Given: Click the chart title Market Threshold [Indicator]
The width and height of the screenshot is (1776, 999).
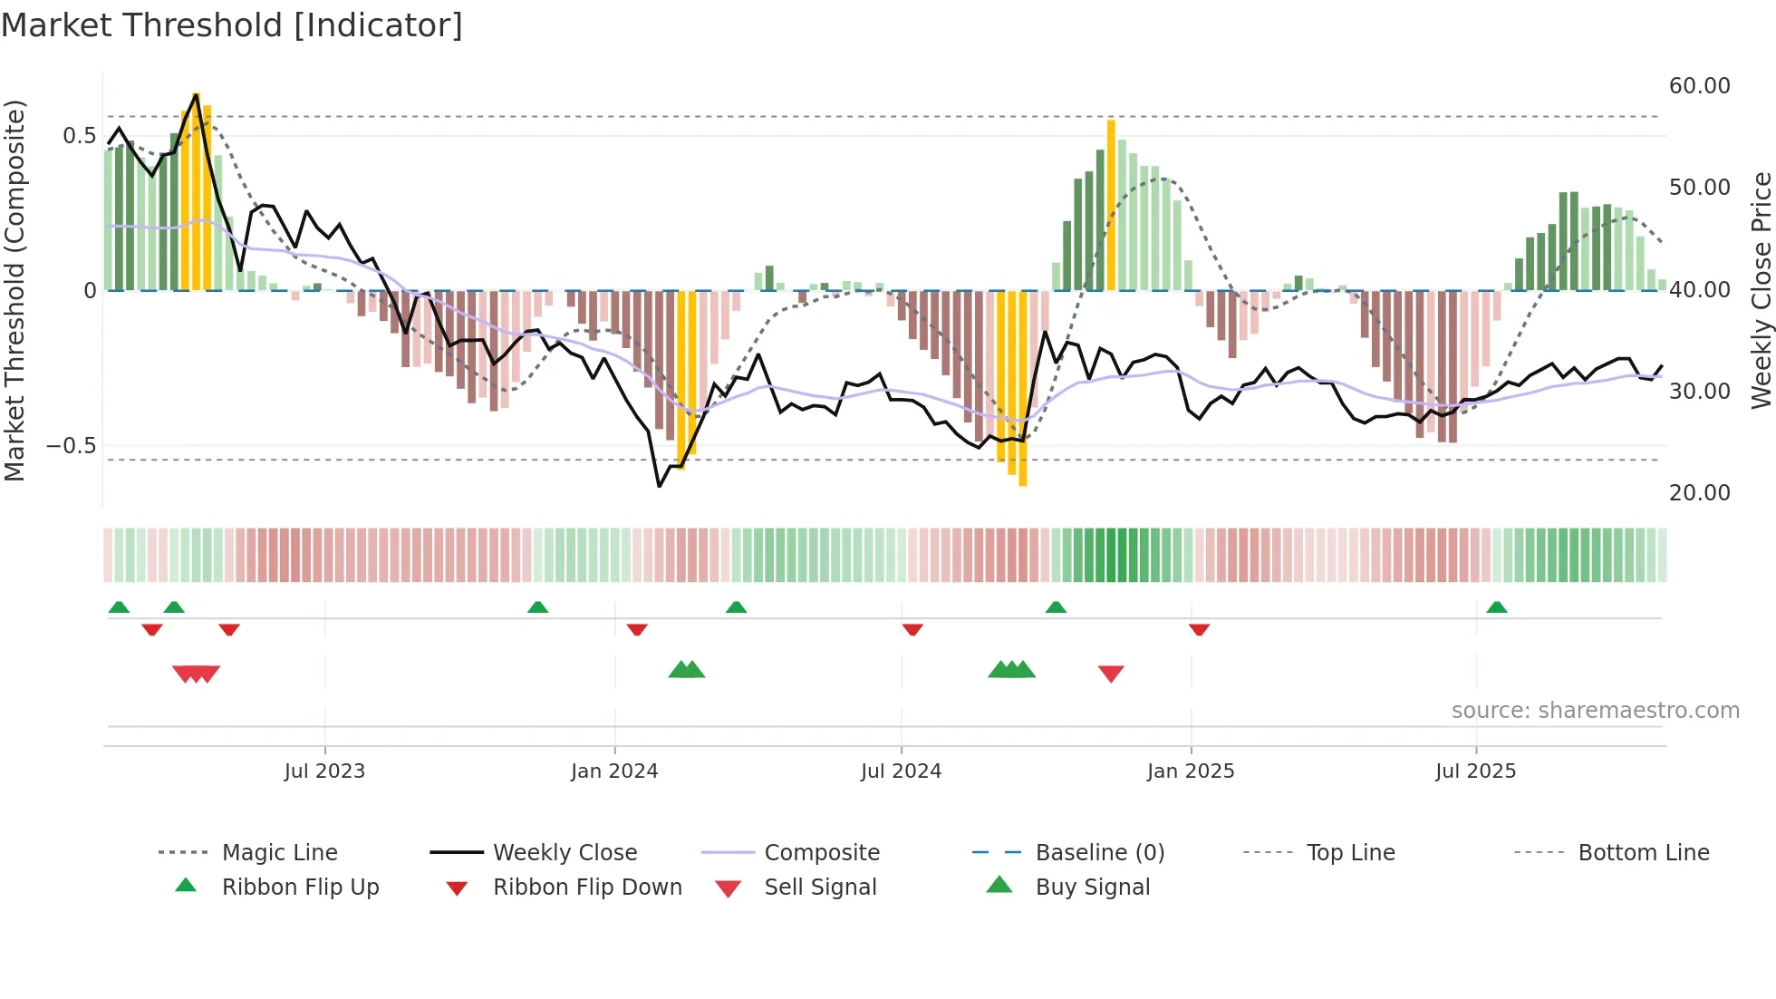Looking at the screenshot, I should [x=232, y=25].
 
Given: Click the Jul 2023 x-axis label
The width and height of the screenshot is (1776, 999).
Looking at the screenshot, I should [x=324, y=771].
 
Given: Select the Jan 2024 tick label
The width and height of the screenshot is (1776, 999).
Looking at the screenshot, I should [x=614, y=771].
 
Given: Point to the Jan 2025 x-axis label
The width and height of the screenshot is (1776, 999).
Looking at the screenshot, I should [x=1190, y=771].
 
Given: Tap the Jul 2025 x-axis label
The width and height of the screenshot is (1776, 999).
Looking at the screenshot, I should [x=1475, y=771].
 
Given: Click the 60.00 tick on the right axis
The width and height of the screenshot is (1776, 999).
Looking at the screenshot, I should [x=1699, y=86].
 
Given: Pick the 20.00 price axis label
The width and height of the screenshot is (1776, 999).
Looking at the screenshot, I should [x=1699, y=493].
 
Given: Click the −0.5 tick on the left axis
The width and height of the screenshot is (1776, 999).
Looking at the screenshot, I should [x=72, y=446].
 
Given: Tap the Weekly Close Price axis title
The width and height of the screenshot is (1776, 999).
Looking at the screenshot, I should [x=1761, y=290].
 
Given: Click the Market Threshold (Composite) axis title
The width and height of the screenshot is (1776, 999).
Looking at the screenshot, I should [x=14, y=290].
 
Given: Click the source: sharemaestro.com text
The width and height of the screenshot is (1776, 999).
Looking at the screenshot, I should [x=1595, y=711].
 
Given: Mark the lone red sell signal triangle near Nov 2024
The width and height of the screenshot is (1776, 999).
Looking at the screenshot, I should [x=1111, y=673].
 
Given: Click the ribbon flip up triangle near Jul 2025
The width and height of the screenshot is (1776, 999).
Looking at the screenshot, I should [x=1497, y=607].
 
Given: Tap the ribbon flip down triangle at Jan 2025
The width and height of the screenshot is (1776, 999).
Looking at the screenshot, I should [x=1199, y=629].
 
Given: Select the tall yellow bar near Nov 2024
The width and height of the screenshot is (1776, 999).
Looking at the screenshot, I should [x=1111, y=205].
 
